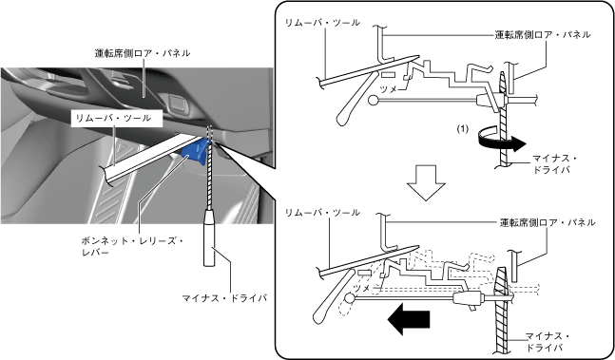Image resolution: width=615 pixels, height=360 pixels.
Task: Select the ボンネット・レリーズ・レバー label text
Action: click(x=132, y=246)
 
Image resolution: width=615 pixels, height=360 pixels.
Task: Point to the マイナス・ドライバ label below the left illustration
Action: click(x=224, y=298)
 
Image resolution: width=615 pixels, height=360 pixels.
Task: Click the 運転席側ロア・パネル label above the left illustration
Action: click(x=143, y=53)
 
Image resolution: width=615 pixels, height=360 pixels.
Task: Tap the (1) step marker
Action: click(x=463, y=129)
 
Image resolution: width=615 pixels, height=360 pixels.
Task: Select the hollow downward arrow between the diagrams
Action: click(x=426, y=182)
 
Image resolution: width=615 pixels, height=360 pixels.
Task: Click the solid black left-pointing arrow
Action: click(x=409, y=319)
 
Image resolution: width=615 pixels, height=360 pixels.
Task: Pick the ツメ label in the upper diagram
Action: click(x=389, y=89)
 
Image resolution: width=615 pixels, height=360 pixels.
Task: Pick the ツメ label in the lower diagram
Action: click(x=361, y=289)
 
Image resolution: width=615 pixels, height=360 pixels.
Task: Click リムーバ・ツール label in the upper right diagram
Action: click(x=322, y=23)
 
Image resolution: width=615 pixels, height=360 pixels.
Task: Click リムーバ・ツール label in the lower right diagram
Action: click(x=322, y=213)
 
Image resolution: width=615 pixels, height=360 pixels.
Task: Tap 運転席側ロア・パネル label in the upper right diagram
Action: click(x=543, y=34)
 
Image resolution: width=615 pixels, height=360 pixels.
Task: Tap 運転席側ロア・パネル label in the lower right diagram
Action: click(x=548, y=222)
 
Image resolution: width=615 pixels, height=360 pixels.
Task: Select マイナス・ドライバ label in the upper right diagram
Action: click(x=554, y=164)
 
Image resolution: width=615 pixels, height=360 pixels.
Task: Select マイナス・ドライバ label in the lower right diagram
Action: click(x=548, y=342)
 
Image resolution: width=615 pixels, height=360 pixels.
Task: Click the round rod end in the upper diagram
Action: click(x=374, y=101)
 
